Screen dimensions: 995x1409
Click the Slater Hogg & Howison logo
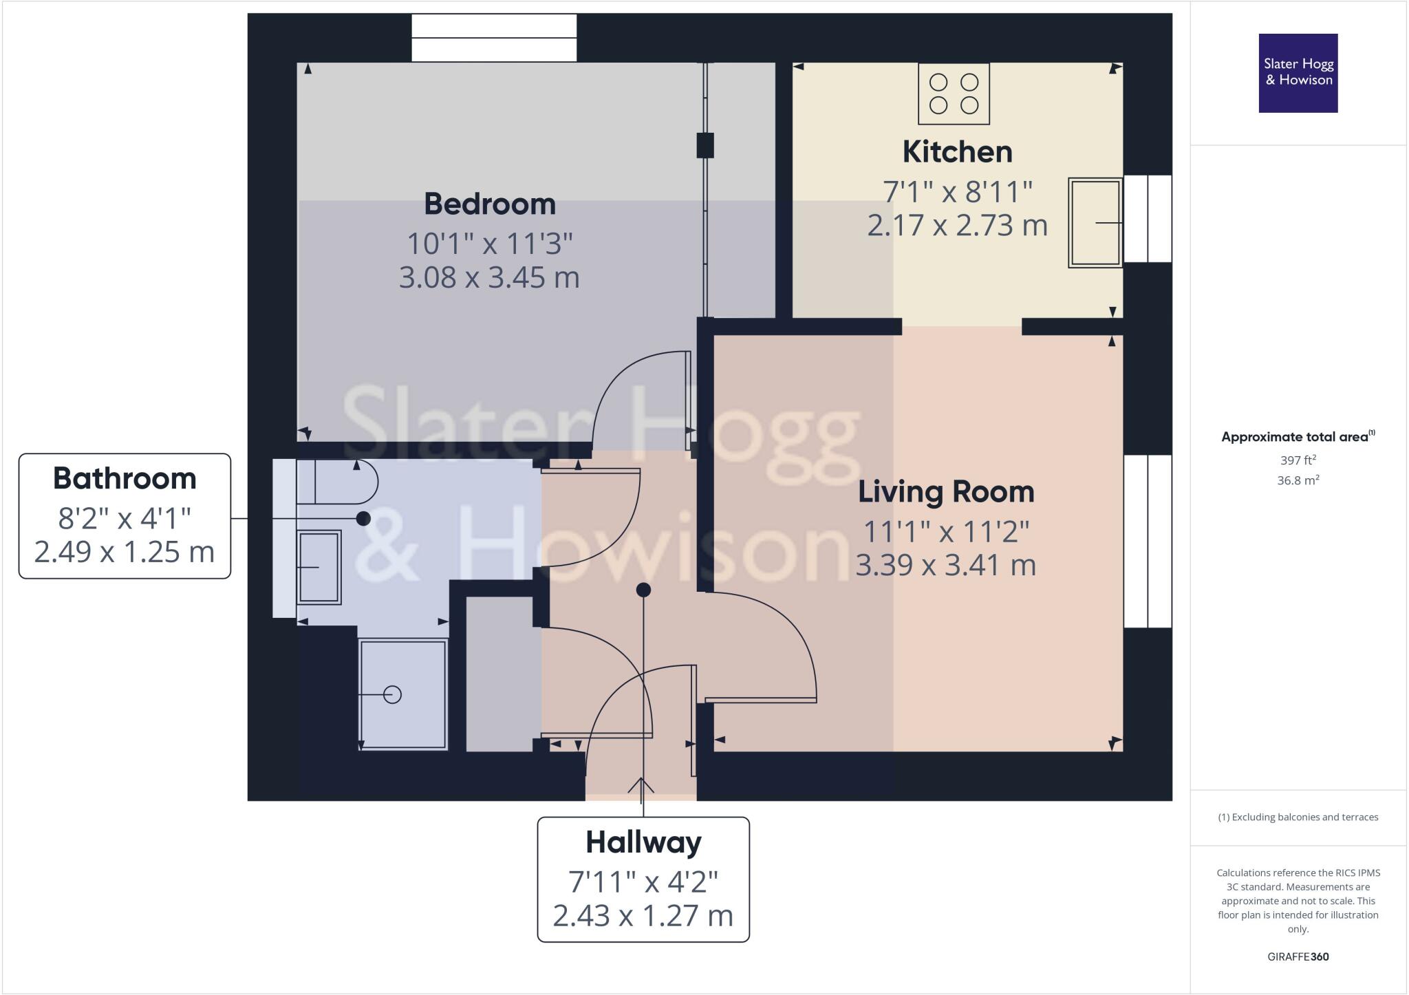(1298, 73)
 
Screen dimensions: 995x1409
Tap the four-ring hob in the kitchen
(954, 94)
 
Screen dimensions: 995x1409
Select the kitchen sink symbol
(1095, 222)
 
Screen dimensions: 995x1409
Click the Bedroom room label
(489, 204)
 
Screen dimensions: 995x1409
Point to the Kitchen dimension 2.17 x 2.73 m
(957, 226)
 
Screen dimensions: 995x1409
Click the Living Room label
(946, 492)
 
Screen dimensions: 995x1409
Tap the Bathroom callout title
(125, 479)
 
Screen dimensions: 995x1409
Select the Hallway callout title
(643, 842)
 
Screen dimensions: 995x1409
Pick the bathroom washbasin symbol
(319, 567)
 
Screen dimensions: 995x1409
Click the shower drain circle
(392, 695)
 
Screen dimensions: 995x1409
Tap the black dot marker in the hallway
(643, 590)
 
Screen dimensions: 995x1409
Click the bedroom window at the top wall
(494, 38)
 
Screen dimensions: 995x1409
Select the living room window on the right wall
(1148, 541)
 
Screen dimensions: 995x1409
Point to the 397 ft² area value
(1298, 460)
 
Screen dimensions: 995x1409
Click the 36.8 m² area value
(1298, 480)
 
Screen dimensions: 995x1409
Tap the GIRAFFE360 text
(1298, 956)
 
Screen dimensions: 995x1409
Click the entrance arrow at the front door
(641, 787)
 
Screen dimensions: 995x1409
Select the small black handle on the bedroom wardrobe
(705, 145)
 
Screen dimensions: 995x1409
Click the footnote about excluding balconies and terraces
(1298, 817)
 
